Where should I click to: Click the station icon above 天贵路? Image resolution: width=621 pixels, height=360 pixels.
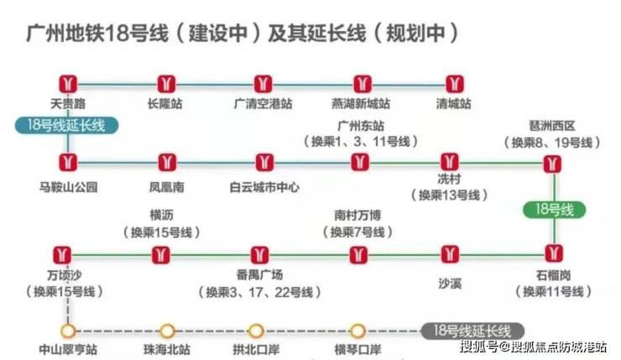[x=68, y=85]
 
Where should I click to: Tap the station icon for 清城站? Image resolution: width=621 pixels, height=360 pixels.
[x=454, y=85]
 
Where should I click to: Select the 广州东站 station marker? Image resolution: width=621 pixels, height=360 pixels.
[x=360, y=162]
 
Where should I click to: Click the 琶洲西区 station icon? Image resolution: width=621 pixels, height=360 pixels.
[x=552, y=164]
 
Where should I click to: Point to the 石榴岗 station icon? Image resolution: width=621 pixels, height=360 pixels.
[x=554, y=253]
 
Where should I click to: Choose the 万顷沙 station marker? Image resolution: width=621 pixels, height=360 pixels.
[x=62, y=255]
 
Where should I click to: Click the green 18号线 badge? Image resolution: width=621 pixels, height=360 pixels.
[x=554, y=210]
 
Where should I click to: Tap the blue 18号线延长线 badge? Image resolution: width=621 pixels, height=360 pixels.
[x=66, y=126]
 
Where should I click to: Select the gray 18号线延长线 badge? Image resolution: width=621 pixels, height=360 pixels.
[x=472, y=331]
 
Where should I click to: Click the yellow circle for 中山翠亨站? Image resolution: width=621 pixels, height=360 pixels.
[x=68, y=331]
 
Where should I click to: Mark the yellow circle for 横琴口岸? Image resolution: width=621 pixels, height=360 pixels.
[x=357, y=331]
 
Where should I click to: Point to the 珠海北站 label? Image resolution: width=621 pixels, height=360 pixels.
[x=167, y=349]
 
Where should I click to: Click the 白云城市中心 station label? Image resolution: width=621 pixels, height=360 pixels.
[x=264, y=187]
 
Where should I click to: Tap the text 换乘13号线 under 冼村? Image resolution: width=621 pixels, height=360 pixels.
[x=449, y=196]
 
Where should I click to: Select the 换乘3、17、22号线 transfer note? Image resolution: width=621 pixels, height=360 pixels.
[x=259, y=292]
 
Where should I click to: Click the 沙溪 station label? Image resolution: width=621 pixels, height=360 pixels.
[x=450, y=283]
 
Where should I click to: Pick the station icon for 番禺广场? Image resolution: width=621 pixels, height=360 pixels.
[x=259, y=255]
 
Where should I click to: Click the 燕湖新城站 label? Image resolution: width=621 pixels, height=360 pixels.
[x=361, y=104]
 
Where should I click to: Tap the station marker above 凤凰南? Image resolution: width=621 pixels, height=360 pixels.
[x=167, y=162]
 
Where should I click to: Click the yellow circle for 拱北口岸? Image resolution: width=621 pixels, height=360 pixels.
[x=256, y=331]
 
